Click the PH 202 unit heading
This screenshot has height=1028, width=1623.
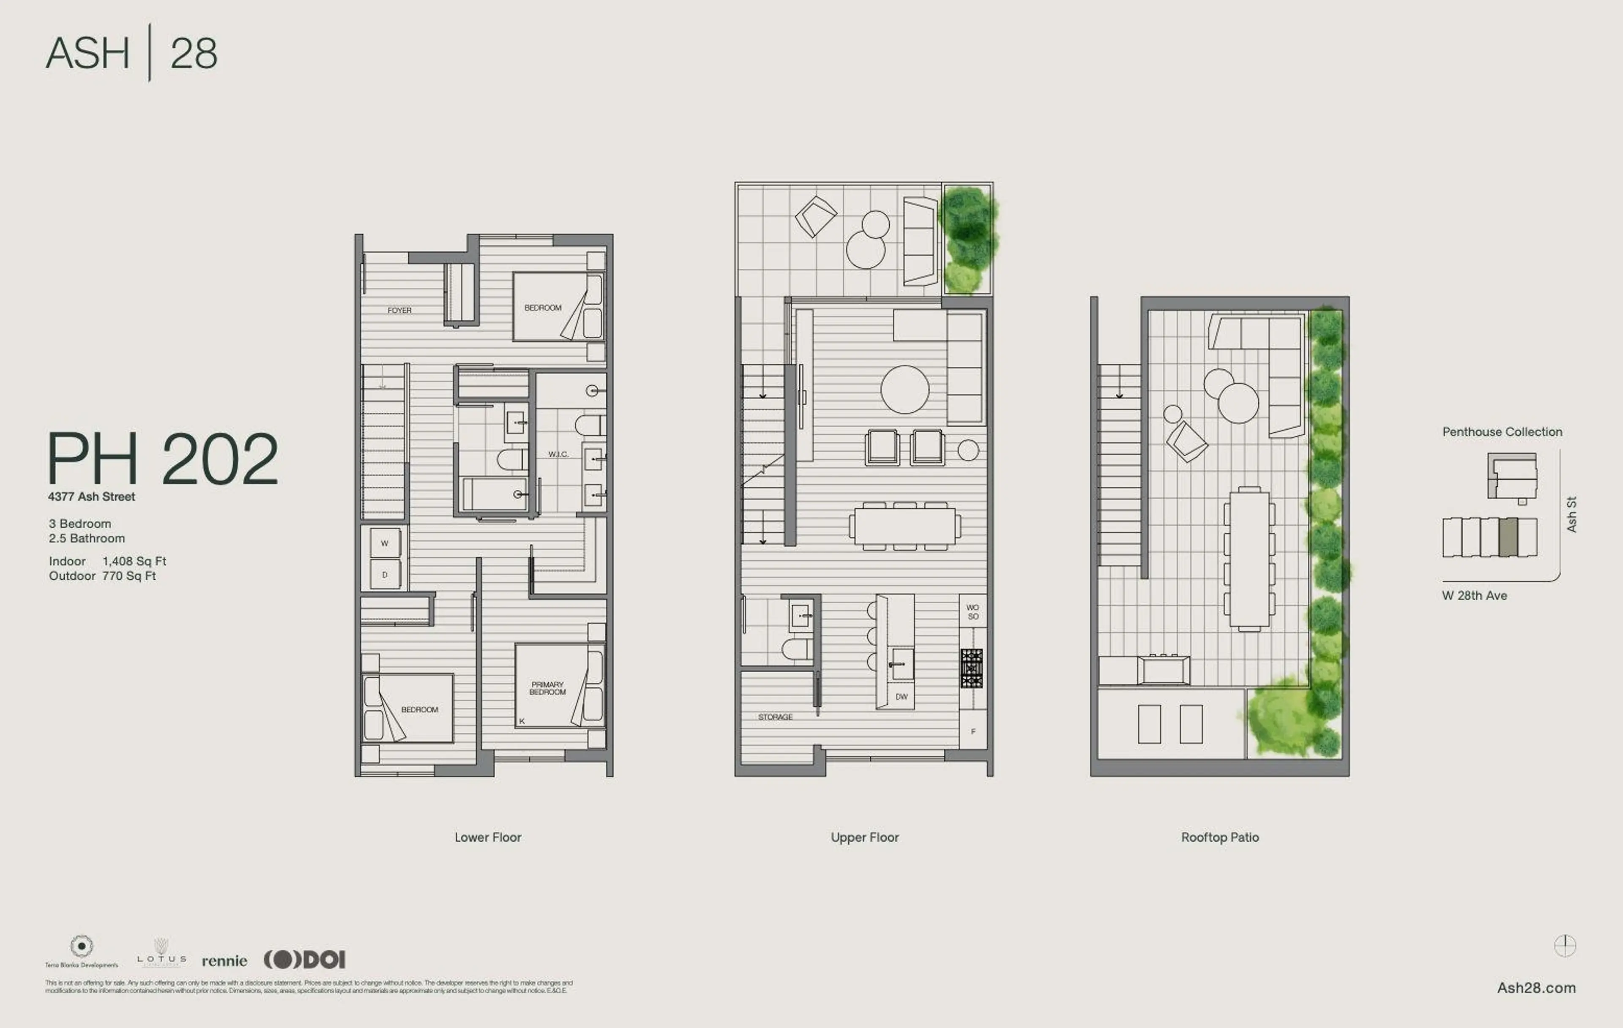coord(162,459)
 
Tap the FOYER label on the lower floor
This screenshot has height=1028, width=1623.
coord(399,311)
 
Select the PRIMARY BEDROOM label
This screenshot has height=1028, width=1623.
coord(547,688)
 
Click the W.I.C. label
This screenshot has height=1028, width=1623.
coord(558,454)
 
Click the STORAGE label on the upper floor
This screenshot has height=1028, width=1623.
coord(775,717)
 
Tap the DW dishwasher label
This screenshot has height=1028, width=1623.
coord(901,697)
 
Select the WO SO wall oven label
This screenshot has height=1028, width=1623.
coord(973,612)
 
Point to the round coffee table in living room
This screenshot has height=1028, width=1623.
coord(904,390)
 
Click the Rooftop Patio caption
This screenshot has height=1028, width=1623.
coord(1219,837)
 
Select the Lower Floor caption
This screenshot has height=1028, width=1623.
coord(487,837)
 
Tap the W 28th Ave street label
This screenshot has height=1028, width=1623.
coord(1474,595)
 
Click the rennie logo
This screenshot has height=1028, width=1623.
coord(224,961)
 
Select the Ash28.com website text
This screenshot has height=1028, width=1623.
coord(1536,987)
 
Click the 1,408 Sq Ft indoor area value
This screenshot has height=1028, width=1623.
coord(134,561)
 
